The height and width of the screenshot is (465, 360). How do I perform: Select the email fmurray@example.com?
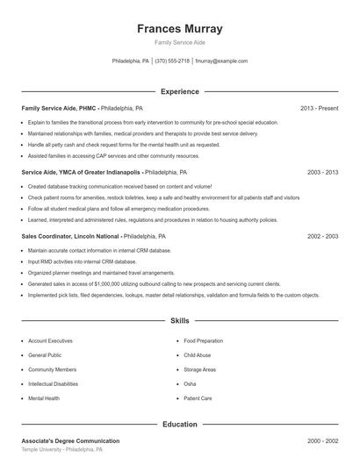pyautogui.click(x=221, y=61)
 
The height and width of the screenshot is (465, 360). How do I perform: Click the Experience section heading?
pyautogui.click(x=180, y=91)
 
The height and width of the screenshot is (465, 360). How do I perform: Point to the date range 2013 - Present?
pyautogui.click(x=319, y=108)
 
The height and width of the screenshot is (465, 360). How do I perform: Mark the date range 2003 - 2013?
pyautogui.click(x=322, y=173)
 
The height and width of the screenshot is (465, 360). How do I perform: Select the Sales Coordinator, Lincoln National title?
pyautogui.click(x=71, y=237)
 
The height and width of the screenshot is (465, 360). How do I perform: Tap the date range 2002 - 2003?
pyautogui.click(x=322, y=237)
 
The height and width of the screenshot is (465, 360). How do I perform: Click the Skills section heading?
pyautogui.click(x=180, y=322)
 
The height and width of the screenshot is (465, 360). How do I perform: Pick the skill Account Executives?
pyautogui.click(x=50, y=340)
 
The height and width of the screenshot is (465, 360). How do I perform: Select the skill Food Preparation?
pyautogui.click(x=204, y=340)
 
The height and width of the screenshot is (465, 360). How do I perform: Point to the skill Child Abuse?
pyautogui.click(x=197, y=355)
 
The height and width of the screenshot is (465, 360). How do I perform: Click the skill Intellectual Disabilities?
pyautogui.click(x=53, y=384)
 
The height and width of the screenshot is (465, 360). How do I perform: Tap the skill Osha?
pyautogui.click(x=190, y=384)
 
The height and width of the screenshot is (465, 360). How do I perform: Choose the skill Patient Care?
pyautogui.click(x=198, y=398)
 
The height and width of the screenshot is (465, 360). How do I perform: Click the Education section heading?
pyautogui.click(x=180, y=425)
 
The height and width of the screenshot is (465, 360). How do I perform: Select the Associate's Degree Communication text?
pyautogui.click(x=70, y=440)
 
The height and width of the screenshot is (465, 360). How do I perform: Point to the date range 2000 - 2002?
pyautogui.click(x=322, y=440)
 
